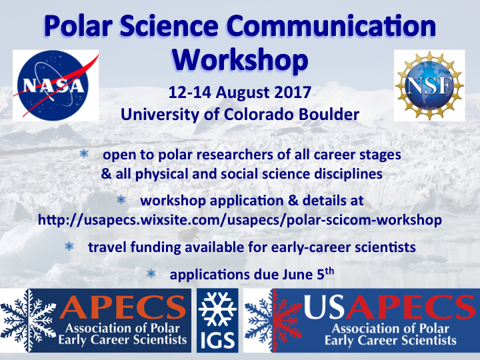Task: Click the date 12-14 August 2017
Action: click(x=239, y=91)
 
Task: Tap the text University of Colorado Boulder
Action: click(x=239, y=114)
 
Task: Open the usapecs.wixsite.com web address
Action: click(x=239, y=219)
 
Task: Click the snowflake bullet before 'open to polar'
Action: click(x=83, y=154)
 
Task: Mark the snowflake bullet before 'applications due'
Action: click(x=151, y=273)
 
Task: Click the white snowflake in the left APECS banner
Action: click(x=27, y=319)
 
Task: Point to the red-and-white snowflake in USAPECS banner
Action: click(x=271, y=319)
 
